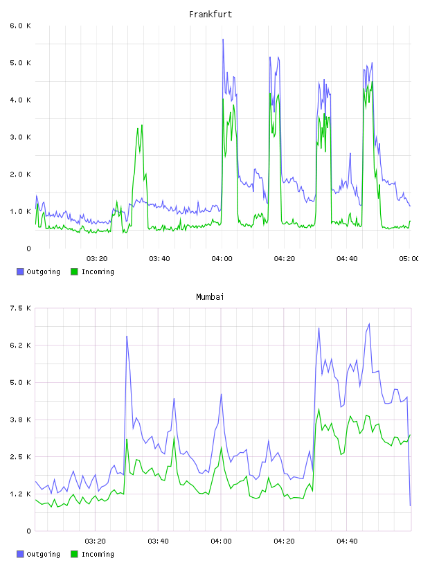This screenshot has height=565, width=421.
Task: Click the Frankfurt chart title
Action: (x=210, y=15)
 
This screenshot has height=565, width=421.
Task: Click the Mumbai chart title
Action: (x=210, y=296)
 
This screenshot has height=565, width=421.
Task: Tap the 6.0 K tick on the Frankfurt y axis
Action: (x=20, y=26)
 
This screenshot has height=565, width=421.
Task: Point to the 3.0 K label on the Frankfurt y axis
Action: (x=20, y=137)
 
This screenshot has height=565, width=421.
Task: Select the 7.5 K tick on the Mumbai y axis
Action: (x=20, y=308)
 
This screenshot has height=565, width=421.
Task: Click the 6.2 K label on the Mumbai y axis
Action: (x=20, y=346)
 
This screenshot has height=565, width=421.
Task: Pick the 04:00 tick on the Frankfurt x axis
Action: (x=222, y=258)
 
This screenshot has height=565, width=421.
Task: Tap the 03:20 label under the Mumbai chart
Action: (x=95, y=541)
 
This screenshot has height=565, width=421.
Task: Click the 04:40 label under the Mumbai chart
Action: (x=347, y=541)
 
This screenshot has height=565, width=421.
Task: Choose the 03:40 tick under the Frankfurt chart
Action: (x=159, y=258)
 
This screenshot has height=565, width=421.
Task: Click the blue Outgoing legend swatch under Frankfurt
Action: (x=20, y=271)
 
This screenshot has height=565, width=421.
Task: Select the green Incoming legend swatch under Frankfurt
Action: (x=74, y=271)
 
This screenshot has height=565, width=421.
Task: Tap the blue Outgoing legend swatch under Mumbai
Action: (x=20, y=554)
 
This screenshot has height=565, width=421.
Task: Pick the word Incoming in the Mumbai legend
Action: (x=98, y=554)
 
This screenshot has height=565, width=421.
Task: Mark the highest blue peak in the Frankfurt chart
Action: (x=223, y=39)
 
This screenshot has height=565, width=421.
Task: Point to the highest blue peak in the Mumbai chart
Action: (x=369, y=324)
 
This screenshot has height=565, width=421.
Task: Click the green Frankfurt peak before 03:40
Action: (x=142, y=125)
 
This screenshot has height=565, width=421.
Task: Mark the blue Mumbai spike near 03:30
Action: (x=127, y=337)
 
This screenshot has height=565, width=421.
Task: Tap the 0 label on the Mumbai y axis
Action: (x=28, y=531)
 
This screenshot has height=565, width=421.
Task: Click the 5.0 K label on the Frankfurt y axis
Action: (x=20, y=63)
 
